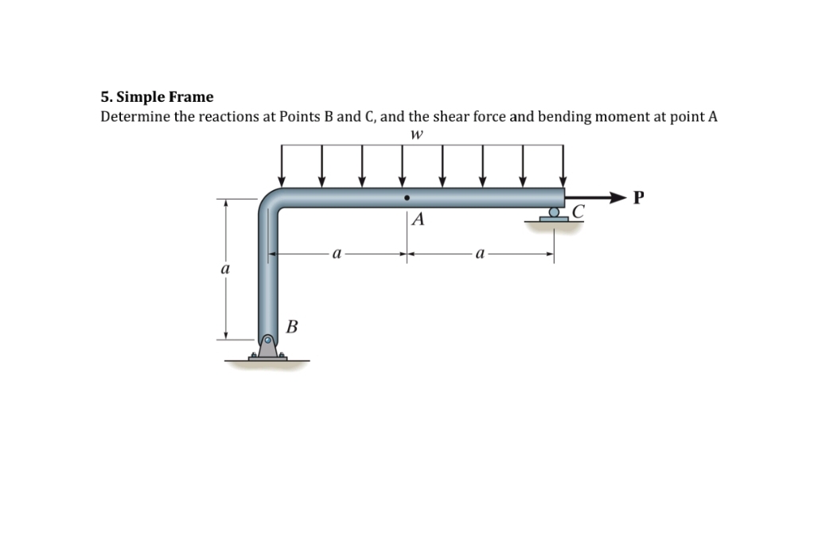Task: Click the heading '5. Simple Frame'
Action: tap(157, 97)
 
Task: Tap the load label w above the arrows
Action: tap(416, 134)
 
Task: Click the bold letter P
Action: tap(638, 198)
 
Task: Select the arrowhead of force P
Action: tap(618, 197)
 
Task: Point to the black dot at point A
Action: tap(407, 198)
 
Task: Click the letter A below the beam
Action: tap(418, 219)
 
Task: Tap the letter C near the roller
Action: tap(578, 211)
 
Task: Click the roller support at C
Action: tap(554, 215)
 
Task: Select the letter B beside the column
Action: tap(292, 327)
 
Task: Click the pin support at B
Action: tap(267, 348)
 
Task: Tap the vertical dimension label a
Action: tap(225, 269)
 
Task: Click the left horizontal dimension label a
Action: tap(337, 254)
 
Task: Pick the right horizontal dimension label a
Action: tap(480, 254)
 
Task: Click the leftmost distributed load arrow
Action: tap(282, 165)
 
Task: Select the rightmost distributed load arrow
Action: tap(563, 165)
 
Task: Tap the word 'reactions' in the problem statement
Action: tap(229, 116)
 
